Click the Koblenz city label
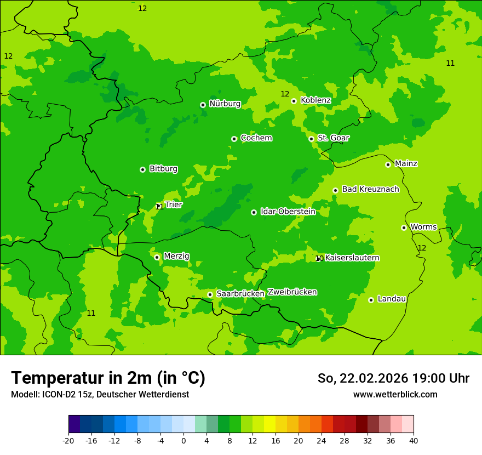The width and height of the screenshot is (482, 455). [x=315, y=100]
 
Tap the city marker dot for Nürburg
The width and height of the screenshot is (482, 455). [x=203, y=105]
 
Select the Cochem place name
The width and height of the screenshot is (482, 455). [x=256, y=138]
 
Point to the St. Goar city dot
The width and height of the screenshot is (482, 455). [x=311, y=139]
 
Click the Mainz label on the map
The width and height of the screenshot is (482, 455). [x=406, y=164]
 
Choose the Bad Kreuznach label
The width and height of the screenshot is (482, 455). [x=370, y=189]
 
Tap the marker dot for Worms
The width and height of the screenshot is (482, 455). [x=404, y=228]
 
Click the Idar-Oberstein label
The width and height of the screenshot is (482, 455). [x=288, y=212]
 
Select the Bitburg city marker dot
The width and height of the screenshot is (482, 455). [x=142, y=169]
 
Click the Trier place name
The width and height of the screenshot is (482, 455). [x=173, y=204]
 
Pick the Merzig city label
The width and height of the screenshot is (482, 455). [x=176, y=256]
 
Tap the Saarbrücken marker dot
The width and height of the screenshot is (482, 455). [x=210, y=294]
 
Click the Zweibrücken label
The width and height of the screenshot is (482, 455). [x=292, y=292]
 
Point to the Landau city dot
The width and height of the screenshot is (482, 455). [x=371, y=300]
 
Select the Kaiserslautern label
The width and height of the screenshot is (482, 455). [x=352, y=258]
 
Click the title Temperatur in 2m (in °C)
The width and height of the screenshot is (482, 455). [x=108, y=378]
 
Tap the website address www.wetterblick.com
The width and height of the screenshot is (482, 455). [x=395, y=395]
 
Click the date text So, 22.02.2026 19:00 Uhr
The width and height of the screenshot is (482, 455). [x=393, y=378]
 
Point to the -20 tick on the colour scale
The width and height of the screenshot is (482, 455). [x=68, y=440]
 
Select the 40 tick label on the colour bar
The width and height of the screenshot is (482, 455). [x=414, y=440]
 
